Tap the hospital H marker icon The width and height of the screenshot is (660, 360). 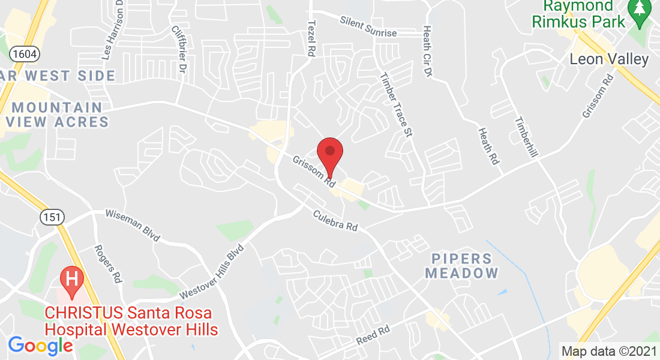point(72,280)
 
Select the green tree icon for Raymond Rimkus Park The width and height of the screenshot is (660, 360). point(638,12)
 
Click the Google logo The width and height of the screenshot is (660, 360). point(40,346)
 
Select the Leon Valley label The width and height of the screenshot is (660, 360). point(609,59)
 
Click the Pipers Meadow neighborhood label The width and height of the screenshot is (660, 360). point(462,266)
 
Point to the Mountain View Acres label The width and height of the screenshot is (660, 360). point(58,115)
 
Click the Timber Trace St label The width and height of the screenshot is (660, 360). point(397,106)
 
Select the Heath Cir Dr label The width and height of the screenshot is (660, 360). point(428,50)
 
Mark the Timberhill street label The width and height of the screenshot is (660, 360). point(526,136)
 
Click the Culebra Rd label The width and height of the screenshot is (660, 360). point(335,221)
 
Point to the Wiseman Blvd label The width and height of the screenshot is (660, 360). point(133,226)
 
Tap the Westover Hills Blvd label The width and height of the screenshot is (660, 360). point(212,272)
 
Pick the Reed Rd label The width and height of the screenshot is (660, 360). point(373,334)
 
